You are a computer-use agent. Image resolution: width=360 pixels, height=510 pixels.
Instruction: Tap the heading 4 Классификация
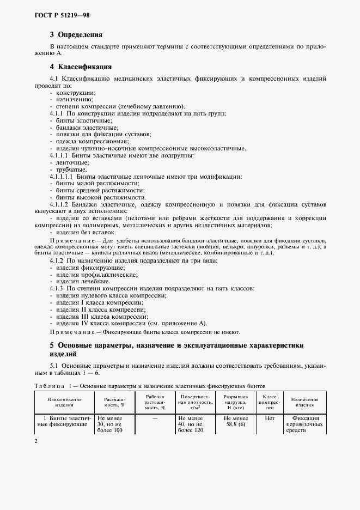[x=81, y=67]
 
